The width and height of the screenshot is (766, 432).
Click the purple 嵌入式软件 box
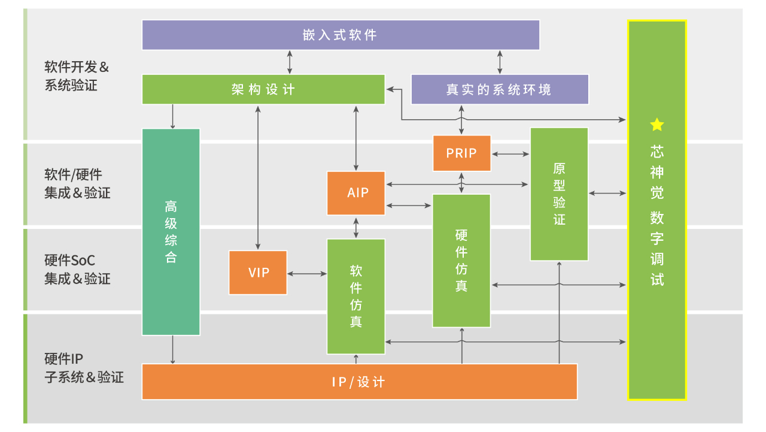pos(341,35)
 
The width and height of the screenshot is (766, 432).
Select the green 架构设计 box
pos(263,89)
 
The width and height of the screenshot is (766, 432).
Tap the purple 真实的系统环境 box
pos(499,89)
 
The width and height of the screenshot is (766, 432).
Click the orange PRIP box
pos(461,153)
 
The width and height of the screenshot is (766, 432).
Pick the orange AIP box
pos(356,193)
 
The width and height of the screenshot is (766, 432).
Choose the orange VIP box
pos(258,273)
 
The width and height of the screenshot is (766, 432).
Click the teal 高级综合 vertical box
pos(171,232)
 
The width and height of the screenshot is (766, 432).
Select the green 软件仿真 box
pos(356,296)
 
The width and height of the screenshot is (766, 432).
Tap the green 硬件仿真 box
pos(461,261)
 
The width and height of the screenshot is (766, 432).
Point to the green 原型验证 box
pos(559,194)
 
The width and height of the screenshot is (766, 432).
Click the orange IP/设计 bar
pos(359,382)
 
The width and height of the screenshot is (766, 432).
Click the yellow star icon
pos(657,125)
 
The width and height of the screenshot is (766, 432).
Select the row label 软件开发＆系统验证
pos(77,76)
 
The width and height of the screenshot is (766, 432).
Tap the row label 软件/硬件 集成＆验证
pos(77,184)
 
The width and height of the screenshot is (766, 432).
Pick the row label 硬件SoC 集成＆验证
pos(77,270)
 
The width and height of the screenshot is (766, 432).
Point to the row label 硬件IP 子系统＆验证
pos(84,368)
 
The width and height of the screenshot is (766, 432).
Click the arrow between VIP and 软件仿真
pos(307,274)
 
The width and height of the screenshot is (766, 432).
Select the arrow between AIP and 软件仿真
pos(357,227)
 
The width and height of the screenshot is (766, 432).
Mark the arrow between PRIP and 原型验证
pos(510,154)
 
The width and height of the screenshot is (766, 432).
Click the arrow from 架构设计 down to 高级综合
pos(173,116)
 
